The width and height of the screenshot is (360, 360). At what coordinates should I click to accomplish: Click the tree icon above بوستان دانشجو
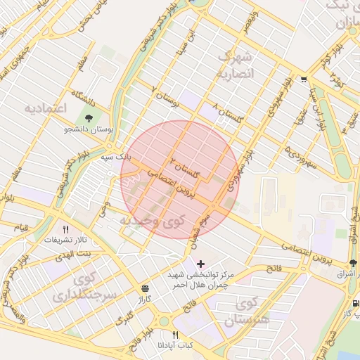[x=89, y=118]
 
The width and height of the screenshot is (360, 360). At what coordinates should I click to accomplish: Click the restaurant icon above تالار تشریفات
[x=66, y=229]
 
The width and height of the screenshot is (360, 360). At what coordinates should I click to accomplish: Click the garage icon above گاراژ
[x=145, y=288]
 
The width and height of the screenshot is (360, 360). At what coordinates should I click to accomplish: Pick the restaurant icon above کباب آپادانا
[x=176, y=335]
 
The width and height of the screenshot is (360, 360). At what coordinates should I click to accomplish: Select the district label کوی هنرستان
[x=245, y=312]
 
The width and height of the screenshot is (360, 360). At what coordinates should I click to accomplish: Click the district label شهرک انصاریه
[x=238, y=64]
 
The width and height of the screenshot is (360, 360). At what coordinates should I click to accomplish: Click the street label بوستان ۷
[x=165, y=96]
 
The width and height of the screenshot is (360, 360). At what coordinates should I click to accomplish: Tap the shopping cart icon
[x=303, y=79]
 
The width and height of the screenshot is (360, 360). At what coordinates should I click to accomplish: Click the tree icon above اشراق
[x=353, y=263]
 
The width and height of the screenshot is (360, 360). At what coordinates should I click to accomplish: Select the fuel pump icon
[x=355, y=304]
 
